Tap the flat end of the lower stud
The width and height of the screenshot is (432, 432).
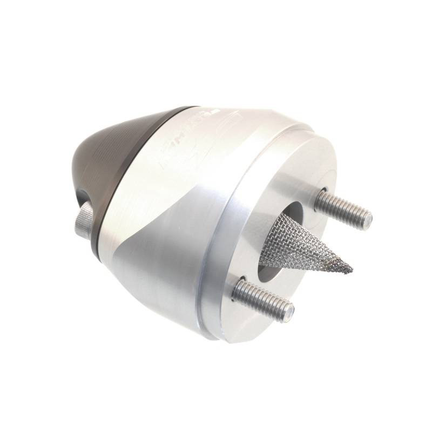289,312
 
